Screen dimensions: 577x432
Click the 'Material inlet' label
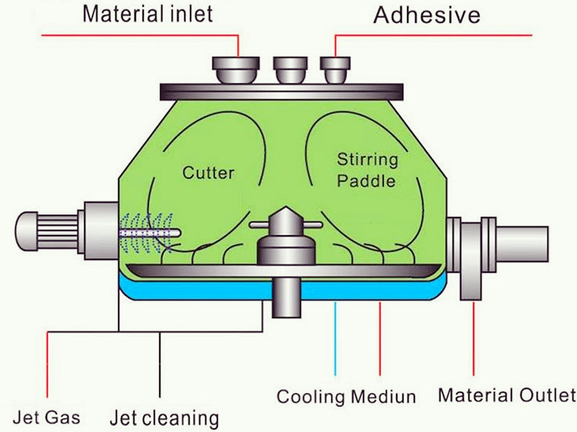[148, 14]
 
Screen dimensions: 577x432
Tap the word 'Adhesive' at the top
[427, 16]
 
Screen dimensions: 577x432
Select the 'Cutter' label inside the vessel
[209, 172]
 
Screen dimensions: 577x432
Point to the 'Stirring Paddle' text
[368, 170]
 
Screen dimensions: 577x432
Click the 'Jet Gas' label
[47, 418]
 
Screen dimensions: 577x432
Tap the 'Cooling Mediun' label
[346, 397]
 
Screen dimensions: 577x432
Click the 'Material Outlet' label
[507, 395]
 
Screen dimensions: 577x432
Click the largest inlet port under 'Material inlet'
[236, 70]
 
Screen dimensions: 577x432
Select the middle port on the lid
[290, 70]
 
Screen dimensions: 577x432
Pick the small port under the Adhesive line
[335, 70]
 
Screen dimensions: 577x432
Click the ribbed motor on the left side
[47, 231]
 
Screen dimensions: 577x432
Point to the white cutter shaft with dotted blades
[150, 233]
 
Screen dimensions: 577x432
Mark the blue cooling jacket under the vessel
[283, 287]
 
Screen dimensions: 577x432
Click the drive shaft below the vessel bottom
[286, 297]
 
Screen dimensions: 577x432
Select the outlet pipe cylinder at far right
[522, 244]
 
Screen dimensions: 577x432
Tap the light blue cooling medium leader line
[335, 339]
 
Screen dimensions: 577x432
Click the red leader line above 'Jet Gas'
[47, 365]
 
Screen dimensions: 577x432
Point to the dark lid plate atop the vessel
[282, 92]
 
